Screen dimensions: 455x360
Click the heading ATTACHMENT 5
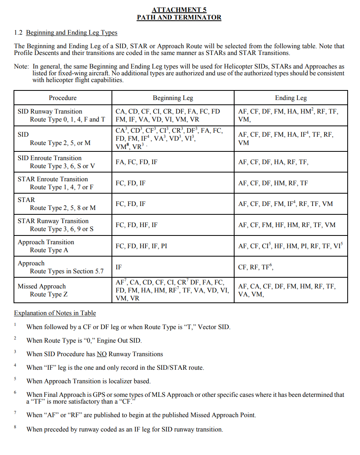click(x=179, y=10)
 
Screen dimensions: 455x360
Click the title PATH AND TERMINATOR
click(x=179, y=17)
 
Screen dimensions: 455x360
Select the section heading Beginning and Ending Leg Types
click(x=72, y=33)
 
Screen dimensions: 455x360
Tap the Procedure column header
click(x=63, y=98)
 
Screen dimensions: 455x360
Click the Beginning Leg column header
click(x=173, y=98)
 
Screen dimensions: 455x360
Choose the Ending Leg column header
click(x=291, y=98)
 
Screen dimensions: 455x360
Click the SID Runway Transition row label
click(x=50, y=112)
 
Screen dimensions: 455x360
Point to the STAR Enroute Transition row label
click(x=53, y=179)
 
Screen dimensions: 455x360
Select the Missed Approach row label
click(x=42, y=286)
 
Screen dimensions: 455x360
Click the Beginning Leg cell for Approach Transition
click(x=141, y=246)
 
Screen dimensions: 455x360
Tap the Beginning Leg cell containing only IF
click(x=119, y=267)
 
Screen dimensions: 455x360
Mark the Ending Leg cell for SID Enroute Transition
click(x=274, y=162)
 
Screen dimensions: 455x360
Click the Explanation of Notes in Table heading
click(x=55, y=313)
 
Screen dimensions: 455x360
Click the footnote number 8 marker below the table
click(x=15, y=427)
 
